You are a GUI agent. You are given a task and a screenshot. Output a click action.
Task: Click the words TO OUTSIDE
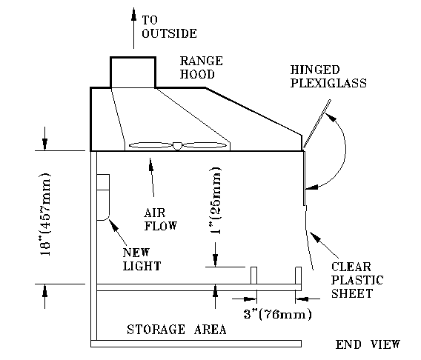pyautogui.click(x=169, y=27)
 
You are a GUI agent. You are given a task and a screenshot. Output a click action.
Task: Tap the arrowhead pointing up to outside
pyautogui.click(x=133, y=14)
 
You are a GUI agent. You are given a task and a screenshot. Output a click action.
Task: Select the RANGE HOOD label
pyautogui.click(x=201, y=67)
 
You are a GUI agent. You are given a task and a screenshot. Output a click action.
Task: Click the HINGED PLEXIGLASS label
pyautogui.click(x=328, y=76)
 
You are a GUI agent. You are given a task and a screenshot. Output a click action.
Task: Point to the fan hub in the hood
pyautogui.click(x=177, y=146)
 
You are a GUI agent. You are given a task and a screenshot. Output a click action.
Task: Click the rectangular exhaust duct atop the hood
pyautogui.click(x=133, y=72)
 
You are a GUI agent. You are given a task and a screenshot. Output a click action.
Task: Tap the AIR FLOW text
pyautogui.click(x=161, y=219)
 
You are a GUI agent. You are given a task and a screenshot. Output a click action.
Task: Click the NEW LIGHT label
pyautogui.click(x=142, y=259)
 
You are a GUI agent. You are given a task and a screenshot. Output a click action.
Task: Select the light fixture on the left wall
pyautogui.click(x=103, y=197)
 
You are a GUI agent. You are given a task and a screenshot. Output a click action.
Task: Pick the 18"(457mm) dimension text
pyautogui.click(x=44, y=214)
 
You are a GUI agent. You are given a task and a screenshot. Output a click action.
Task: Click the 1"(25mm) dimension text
pyautogui.click(x=216, y=201)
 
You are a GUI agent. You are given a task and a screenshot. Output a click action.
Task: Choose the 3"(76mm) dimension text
pyautogui.click(x=278, y=314)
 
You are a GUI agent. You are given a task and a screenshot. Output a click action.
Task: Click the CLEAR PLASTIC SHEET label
pyautogui.click(x=357, y=280)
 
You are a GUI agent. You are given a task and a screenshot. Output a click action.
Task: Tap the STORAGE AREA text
pyautogui.click(x=176, y=330)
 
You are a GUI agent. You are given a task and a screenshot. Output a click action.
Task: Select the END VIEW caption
pyautogui.click(x=368, y=344)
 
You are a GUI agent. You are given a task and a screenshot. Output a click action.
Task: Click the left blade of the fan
pyautogui.click(x=150, y=145)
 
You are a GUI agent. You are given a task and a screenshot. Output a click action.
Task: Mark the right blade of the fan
pyautogui.click(x=205, y=145)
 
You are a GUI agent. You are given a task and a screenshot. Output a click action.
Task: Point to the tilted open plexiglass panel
pyautogui.click(x=316, y=124)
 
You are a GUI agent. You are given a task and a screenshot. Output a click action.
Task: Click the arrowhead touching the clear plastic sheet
pyautogui.click(x=315, y=237)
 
